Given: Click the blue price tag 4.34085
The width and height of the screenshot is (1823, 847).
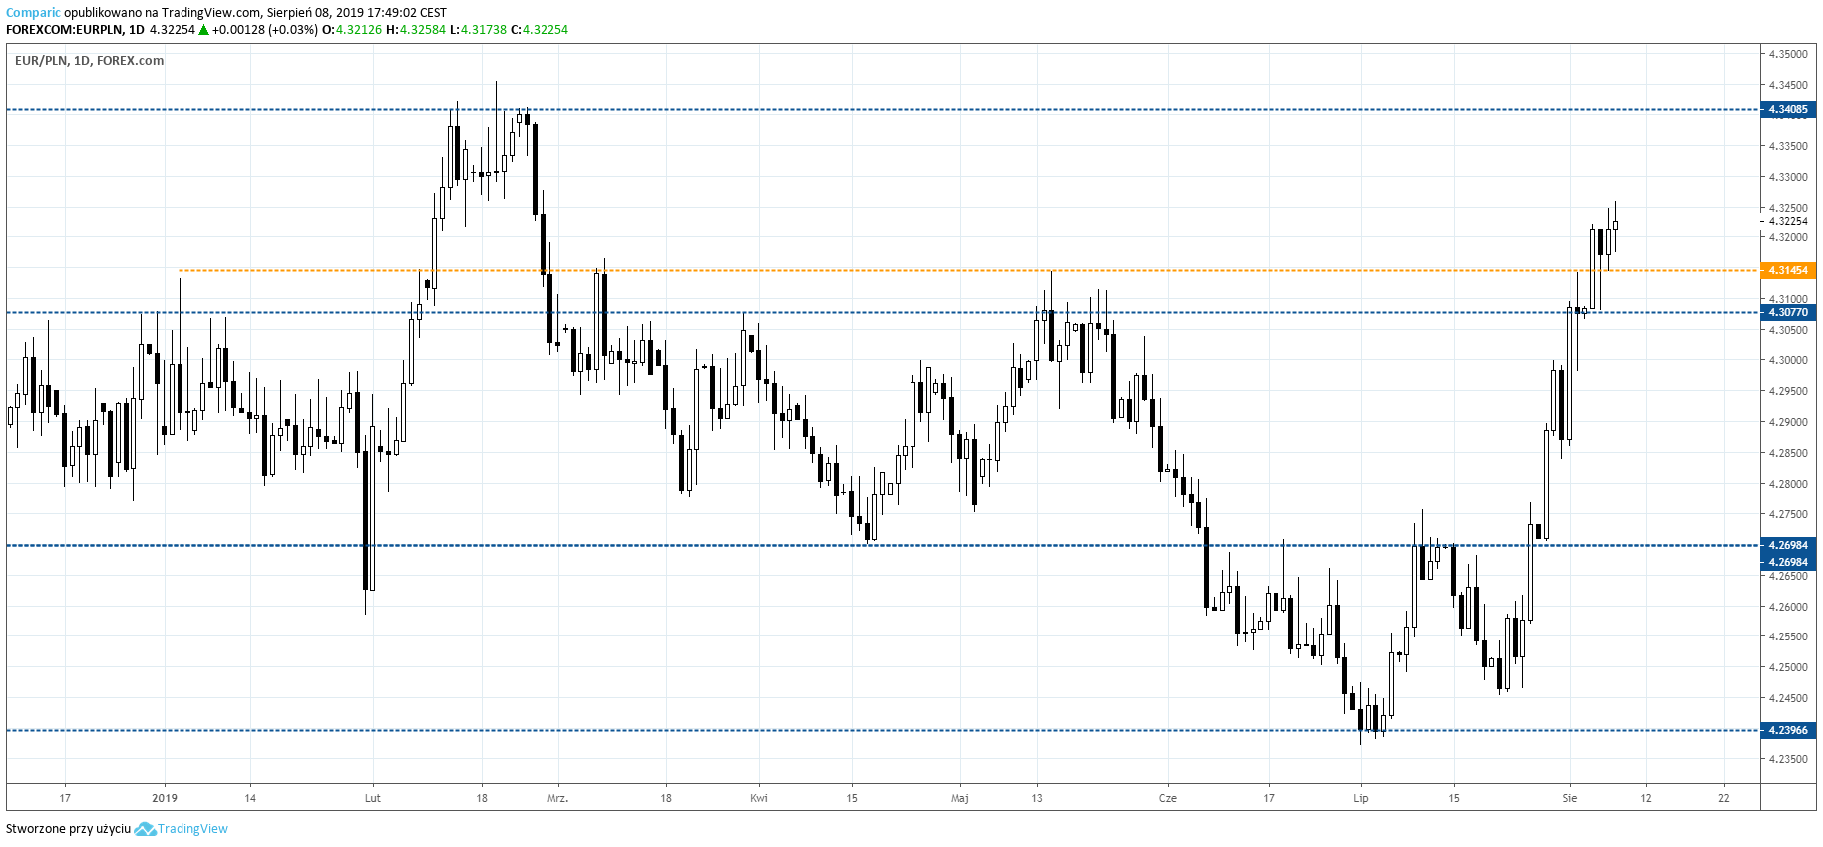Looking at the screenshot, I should pyautogui.click(x=1787, y=110).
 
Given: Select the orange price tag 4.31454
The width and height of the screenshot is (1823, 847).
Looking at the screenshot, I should pyautogui.click(x=1787, y=271).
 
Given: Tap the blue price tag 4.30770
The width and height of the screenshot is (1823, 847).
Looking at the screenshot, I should pyautogui.click(x=1787, y=313).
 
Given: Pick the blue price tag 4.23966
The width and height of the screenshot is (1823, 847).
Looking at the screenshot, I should pyautogui.click(x=1787, y=731).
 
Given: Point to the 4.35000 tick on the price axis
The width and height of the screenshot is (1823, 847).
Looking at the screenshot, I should pyautogui.click(x=1787, y=54).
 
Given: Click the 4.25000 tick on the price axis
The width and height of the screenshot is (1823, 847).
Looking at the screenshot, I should pyautogui.click(x=1787, y=667).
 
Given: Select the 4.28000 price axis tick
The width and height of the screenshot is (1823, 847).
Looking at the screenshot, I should pyautogui.click(x=1787, y=484).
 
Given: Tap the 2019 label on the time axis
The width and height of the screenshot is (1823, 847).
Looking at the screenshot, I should pyautogui.click(x=165, y=798).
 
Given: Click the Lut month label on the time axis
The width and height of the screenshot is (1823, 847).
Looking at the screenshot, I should pyautogui.click(x=373, y=798).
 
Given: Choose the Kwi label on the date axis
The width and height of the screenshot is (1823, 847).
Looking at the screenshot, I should pyautogui.click(x=759, y=798).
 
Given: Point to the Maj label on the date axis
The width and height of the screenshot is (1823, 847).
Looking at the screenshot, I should pyautogui.click(x=960, y=798).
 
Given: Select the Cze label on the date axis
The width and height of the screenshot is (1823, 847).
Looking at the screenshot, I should pyautogui.click(x=1168, y=798).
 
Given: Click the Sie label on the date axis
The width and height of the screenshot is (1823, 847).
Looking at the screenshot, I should pyautogui.click(x=1570, y=798).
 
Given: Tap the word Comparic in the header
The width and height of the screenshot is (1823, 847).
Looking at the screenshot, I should pyautogui.click(x=33, y=13).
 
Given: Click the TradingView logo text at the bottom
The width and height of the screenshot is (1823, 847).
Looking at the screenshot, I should pyautogui.click(x=192, y=829).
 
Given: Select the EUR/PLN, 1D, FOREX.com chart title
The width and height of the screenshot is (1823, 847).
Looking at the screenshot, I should pyautogui.click(x=89, y=61).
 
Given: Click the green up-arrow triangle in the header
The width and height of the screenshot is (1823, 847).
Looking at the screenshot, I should pyautogui.click(x=203, y=30).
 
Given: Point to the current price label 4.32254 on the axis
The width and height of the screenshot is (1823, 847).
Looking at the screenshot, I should pyautogui.click(x=1787, y=222).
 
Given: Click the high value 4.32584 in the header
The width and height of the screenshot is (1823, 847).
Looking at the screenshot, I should pyautogui.click(x=422, y=30).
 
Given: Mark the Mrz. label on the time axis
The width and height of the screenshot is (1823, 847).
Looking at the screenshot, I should pyautogui.click(x=557, y=798).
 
